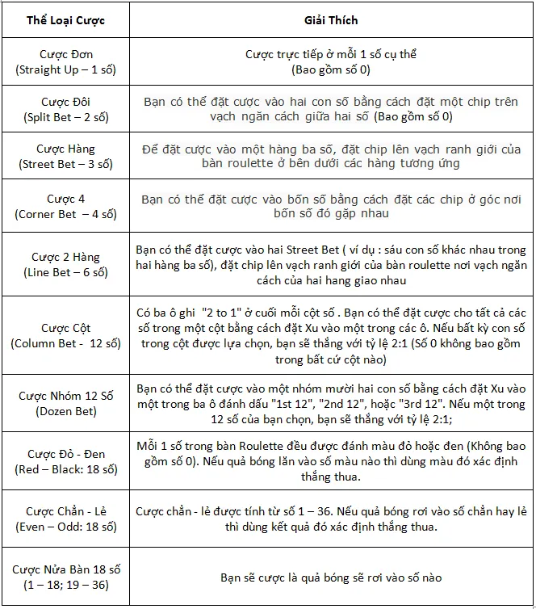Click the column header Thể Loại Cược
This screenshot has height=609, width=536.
(x=65, y=19)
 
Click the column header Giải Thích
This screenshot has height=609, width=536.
(x=331, y=19)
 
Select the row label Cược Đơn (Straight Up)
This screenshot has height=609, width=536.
(x=65, y=62)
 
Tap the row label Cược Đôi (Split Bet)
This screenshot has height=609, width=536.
(x=65, y=109)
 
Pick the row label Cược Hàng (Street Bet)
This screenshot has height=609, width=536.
(x=65, y=156)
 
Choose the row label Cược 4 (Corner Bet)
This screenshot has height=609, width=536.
(x=65, y=206)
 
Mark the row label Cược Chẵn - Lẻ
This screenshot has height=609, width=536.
(x=65, y=519)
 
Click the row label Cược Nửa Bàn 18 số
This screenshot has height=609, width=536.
(x=65, y=577)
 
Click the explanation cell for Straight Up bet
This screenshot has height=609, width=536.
(x=331, y=62)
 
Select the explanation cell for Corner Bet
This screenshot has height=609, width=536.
(x=331, y=206)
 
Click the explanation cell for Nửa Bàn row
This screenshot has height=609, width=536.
(x=331, y=577)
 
